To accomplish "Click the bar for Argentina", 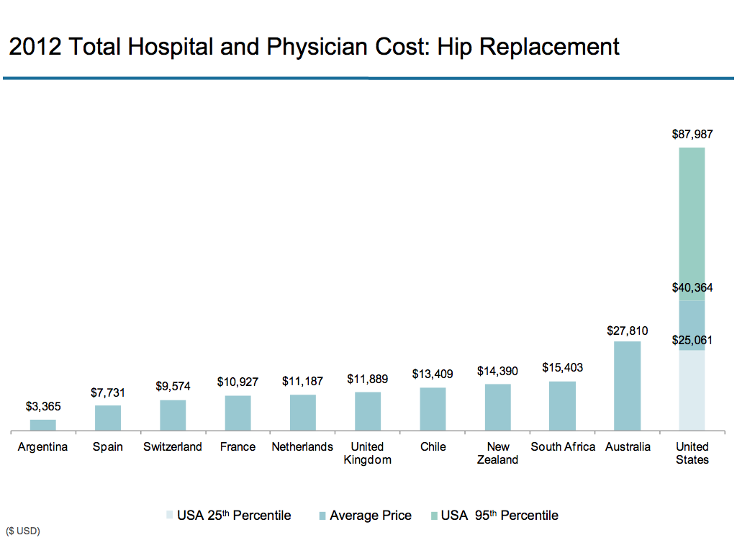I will [x=43, y=425].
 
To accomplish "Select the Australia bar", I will [x=627, y=386].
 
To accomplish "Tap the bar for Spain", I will [x=108, y=418].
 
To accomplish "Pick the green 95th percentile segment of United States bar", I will [x=692, y=223].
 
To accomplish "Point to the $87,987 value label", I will [x=692, y=135].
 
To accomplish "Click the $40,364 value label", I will [x=692, y=288].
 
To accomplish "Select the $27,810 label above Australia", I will [x=628, y=331].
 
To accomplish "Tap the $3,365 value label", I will [x=43, y=406].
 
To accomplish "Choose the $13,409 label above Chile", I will [x=433, y=374].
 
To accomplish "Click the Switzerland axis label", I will [x=173, y=446].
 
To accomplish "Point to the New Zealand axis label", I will [x=497, y=453].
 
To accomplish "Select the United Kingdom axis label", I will [x=367, y=453].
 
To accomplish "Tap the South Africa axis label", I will [x=563, y=446].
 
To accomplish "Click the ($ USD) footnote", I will [x=23, y=531].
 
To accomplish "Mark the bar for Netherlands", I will [x=303, y=413].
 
